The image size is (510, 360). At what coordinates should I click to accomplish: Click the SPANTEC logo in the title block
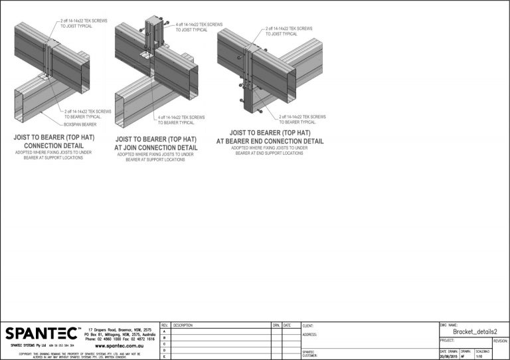click(41, 333)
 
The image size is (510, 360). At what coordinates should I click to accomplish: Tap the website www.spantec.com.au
click(125, 345)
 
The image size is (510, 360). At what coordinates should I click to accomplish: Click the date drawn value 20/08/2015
click(448, 357)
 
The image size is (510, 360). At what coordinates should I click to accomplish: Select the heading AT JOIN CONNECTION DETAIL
click(156, 147)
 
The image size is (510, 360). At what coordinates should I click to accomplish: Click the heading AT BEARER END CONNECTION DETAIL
click(270, 141)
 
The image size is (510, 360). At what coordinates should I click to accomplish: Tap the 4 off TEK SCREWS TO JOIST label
click(199, 27)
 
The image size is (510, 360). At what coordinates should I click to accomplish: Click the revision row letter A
click(165, 331)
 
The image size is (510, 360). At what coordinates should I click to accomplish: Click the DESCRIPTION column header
click(183, 325)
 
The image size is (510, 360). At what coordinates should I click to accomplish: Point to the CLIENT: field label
click(308, 325)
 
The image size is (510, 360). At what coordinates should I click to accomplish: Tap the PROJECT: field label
click(447, 340)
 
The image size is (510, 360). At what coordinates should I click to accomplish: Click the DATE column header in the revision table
click(287, 325)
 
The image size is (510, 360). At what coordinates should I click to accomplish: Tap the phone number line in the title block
click(120, 339)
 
